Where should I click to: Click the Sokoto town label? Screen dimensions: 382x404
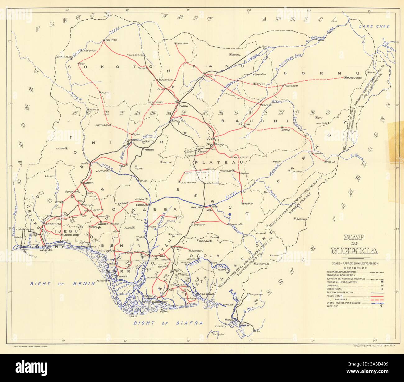111,40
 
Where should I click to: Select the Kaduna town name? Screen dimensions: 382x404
178,121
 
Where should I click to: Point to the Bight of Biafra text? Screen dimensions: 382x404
168,323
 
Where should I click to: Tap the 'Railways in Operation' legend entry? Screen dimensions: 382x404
341,292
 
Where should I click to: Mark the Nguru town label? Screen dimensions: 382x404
266,46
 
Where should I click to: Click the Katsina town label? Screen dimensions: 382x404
183,43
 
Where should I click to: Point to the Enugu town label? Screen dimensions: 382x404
179,248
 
